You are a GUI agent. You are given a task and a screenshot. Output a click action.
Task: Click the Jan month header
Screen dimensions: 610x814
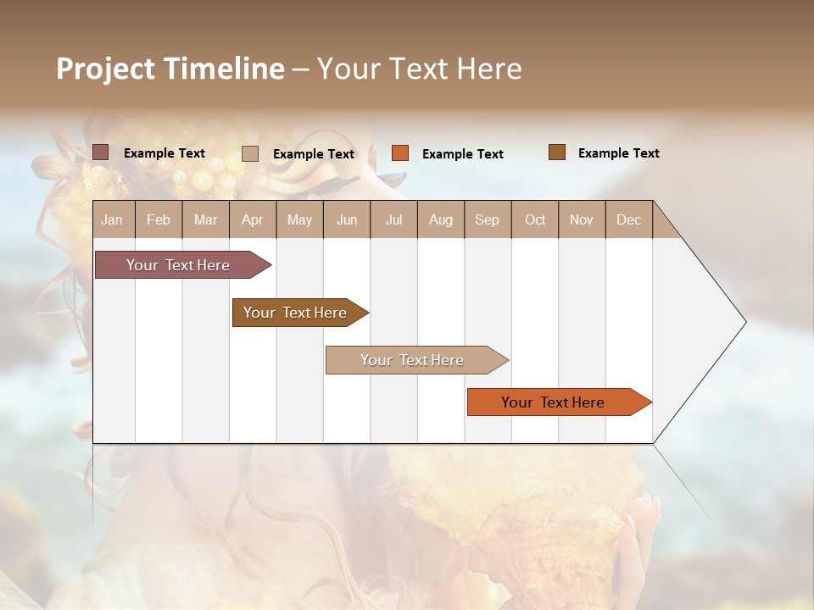tap(113, 219)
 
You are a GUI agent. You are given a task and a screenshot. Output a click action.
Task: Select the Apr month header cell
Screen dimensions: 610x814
tap(253, 219)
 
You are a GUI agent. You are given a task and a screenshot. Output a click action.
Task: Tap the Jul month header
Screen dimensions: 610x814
tap(393, 219)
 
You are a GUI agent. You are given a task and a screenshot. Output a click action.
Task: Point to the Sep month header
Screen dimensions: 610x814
tap(487, 219)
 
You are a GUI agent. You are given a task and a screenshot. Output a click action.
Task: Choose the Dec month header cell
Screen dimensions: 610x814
tap(628, 219)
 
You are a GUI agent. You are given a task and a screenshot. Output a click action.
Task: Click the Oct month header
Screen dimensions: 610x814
tap(535, 219)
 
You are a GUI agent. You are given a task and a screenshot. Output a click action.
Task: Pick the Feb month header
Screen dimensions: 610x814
tap(159, 219)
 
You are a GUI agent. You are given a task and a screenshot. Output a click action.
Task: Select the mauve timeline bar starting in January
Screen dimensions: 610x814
tap(178, 265)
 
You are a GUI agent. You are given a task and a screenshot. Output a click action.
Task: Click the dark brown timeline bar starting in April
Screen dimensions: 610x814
tap(295, 313)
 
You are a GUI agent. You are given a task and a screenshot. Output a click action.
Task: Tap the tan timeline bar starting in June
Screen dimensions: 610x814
tap(412, 360)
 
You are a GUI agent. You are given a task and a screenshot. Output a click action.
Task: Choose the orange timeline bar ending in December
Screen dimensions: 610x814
tap(553, 402)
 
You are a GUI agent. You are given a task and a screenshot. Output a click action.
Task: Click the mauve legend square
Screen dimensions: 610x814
tap(100, 152)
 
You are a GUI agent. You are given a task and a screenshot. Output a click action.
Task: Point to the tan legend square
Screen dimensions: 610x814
tap(250, 153)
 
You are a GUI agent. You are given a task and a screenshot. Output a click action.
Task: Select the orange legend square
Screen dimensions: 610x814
tap(400, 153)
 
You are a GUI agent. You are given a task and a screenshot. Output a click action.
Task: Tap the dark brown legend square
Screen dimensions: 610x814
tap(557, 152)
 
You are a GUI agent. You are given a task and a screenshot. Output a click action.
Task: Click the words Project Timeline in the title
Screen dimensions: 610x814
tap(170, 69)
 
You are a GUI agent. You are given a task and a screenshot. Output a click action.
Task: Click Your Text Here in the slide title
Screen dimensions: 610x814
tap(419, 69)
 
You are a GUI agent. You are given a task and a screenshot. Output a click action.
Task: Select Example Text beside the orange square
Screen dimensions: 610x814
tap(462, 153)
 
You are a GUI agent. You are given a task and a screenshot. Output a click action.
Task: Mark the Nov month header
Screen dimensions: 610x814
tap(582, 219)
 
